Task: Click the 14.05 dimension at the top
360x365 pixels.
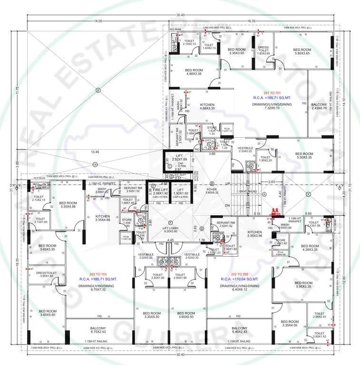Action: click(98, 21)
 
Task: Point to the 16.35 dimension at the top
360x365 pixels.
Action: click(252, 21)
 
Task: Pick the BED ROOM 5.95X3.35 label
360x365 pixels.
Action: click(302, 284)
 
